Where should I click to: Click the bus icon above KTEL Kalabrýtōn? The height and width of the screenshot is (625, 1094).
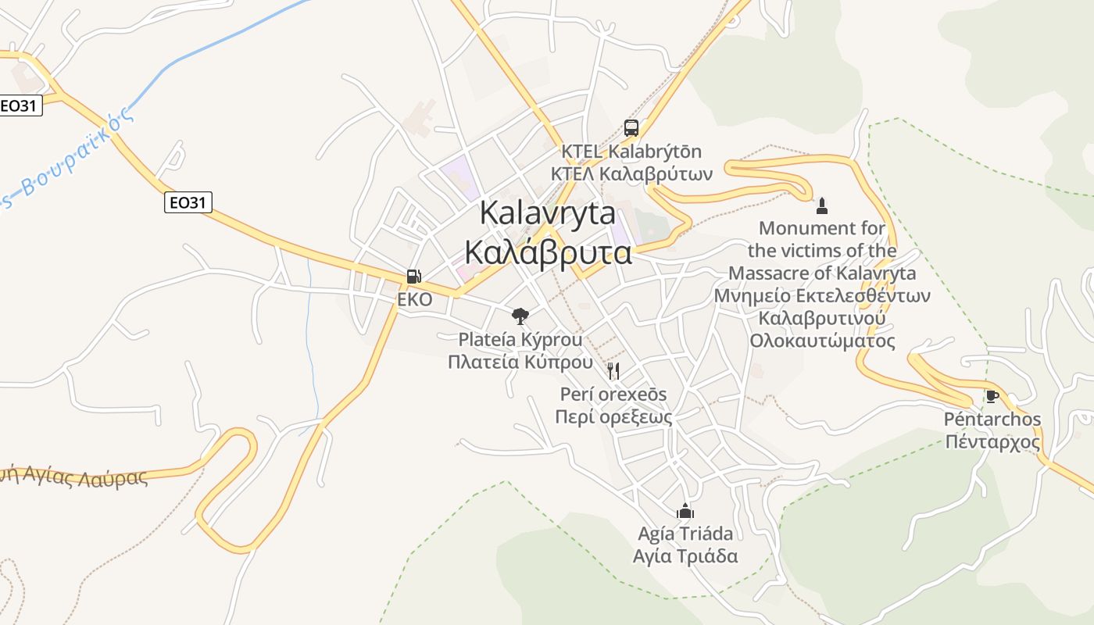(631, 128)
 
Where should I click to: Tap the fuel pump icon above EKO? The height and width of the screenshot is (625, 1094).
(413, 277)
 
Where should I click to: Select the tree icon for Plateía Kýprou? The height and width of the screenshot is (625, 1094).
(520, 316)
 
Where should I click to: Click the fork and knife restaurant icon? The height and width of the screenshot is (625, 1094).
(613, 370)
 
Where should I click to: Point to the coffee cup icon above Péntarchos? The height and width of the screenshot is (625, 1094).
(992, 396)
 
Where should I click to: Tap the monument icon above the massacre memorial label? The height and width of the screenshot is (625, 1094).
(821, 206)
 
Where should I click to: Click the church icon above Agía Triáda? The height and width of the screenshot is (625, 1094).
(685, 511)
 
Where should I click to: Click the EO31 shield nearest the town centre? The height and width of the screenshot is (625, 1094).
(188, 203)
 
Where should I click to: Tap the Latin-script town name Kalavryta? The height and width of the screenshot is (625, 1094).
(547, 213)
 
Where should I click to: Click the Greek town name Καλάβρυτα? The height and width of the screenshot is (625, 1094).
(548, 252)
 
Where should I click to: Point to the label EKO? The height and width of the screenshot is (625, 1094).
(414, 299)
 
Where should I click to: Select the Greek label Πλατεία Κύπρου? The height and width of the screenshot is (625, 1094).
(515, 362)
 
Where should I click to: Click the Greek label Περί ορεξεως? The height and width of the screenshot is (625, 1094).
(613, 416)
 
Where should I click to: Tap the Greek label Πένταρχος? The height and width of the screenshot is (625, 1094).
(992, 442)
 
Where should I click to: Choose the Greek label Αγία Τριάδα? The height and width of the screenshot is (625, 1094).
(685, 556)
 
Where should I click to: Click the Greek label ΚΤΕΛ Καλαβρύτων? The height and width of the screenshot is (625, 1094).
(631, 173)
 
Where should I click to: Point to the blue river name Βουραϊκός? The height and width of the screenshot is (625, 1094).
(70, 160)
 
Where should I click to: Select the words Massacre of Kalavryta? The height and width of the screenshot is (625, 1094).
(822, 273)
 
